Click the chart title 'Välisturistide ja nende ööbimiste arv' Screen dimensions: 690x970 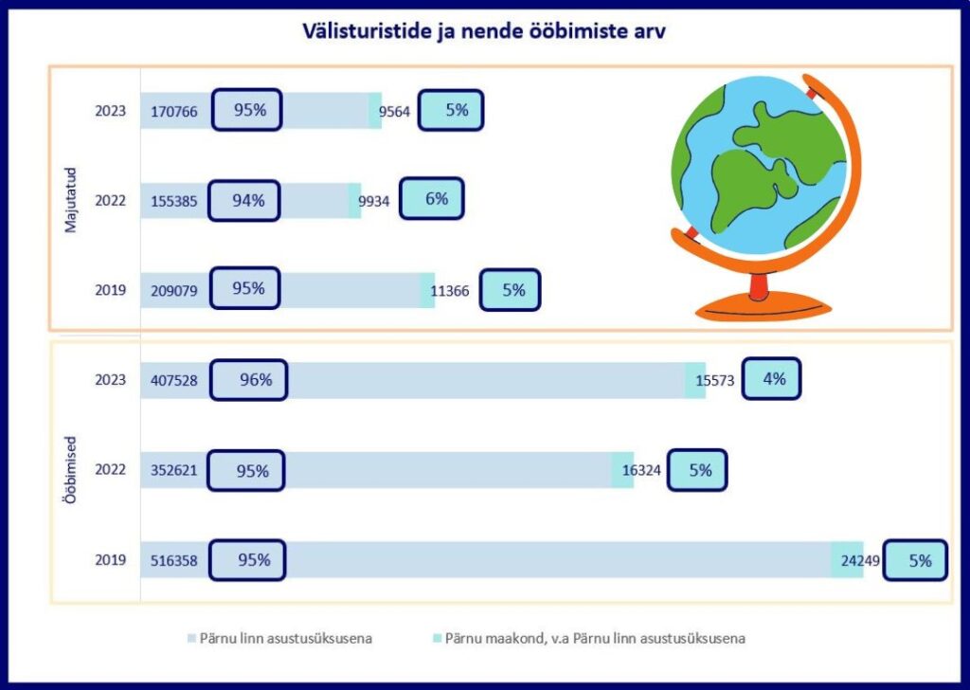coord(484,33)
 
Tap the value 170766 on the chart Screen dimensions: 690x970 coord(174,112)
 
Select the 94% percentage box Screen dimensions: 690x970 coord(243,200)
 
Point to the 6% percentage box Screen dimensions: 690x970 coord(432,199)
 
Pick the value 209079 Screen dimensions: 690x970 coord(174,291)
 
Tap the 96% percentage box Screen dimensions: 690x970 coord(248,380)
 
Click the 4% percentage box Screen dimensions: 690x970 coord(771,379)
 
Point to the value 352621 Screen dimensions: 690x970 coord(174,470)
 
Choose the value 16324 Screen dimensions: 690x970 coord(641,470)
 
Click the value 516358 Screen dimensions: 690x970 coord(174,560)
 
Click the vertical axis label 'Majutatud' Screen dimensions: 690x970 coord(71,200)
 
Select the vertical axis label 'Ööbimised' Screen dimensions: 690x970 coord(71,469)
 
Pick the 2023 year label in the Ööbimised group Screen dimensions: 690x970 coord(110,380)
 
